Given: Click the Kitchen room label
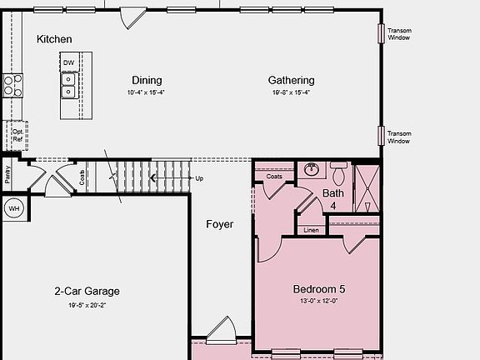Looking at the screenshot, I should (54, 39).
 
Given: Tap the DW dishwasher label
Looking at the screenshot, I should (68, 62).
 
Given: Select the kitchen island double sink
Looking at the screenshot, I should (68, 84).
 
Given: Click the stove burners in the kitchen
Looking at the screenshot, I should (12, 84).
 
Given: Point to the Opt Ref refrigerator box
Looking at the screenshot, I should (17, 134).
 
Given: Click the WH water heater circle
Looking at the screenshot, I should (13, 208).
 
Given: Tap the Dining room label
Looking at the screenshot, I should (147, 81).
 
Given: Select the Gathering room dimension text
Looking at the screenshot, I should (291, 92).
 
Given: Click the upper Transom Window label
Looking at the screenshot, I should (399, 34).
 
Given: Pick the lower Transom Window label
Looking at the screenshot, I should (399, 137).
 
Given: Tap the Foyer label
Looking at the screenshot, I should (220, 224).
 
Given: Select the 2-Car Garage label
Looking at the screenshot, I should (87, 291).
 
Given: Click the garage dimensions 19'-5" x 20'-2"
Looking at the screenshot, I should (87, 305).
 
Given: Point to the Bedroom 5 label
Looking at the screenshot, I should (318, 289).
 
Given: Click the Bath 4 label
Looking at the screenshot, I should (332, 199).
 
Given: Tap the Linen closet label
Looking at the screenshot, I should (311, 230).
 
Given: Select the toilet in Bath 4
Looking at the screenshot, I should (338, 176).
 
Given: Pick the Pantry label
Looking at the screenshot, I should (7, 174).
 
